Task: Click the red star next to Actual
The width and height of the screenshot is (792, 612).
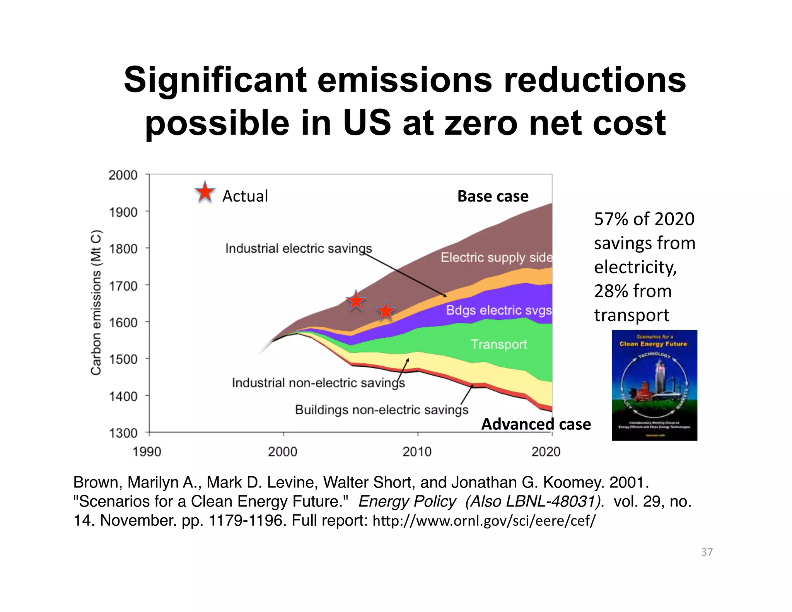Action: click(205, 192)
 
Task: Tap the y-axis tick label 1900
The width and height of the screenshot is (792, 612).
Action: click(123, 212)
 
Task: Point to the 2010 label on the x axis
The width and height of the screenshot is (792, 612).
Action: click(417, 451)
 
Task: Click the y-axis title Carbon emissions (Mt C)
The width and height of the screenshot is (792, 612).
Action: click(96, 303)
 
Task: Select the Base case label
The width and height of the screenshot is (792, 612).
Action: click(493, 196)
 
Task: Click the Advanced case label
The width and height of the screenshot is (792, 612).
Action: click(536, 424)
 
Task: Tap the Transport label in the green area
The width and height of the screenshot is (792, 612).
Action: click(498, 344)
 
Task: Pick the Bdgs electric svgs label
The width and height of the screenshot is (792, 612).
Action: click(498, 310)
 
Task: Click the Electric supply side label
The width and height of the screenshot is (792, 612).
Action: click(497, 257)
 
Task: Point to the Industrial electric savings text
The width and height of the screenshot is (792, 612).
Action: click(298, 248)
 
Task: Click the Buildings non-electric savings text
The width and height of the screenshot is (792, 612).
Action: click(381, 410)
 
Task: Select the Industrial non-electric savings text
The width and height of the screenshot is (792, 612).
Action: click(318, 383)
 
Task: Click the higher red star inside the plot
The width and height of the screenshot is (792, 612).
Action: click(355, 301)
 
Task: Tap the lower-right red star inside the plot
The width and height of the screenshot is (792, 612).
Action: click(386, 311)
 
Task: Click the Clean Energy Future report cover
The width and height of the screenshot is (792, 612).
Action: click(654, 385)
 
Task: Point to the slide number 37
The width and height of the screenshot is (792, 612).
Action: click(707, 552)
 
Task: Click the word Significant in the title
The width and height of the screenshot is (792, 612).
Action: click(215, 80)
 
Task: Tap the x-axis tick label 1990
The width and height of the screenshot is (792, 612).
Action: click(147, 451)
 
